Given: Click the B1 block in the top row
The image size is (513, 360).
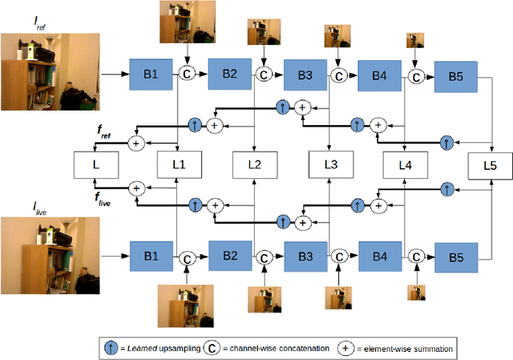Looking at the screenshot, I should pos(151,74).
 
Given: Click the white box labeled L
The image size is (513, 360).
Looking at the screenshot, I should pos(96,165).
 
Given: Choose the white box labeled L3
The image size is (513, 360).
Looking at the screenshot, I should pos(331,164).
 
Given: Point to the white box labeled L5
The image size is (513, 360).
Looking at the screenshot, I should pos(490,165).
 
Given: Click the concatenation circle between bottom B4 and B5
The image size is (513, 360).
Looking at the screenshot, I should pos(416,257).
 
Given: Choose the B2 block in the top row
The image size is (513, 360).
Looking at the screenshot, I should pos(230,74).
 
